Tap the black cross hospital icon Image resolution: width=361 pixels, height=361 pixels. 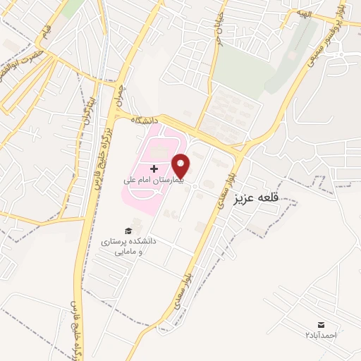tap(154, 169)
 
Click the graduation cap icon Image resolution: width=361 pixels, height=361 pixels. tap(128, 231)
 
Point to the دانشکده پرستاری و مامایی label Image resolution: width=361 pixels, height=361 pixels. tap(130, 245)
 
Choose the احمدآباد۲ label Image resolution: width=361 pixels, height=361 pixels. tap(322, 334)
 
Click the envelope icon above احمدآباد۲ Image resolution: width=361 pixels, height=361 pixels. tap(322, 324)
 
